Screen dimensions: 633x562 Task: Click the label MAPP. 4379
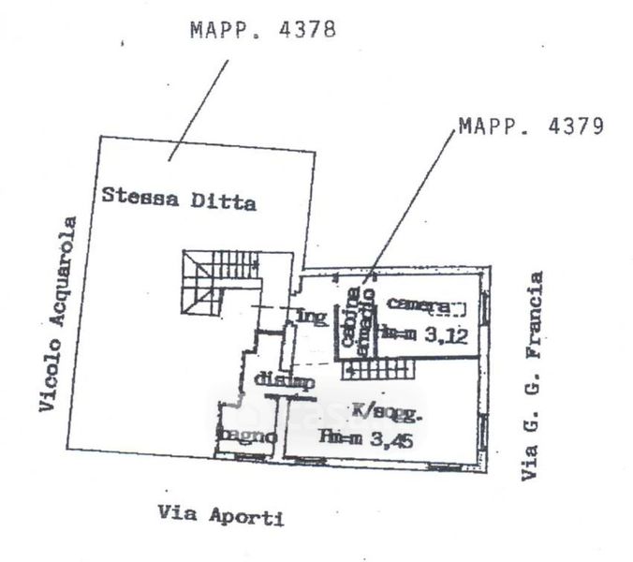point(529,126)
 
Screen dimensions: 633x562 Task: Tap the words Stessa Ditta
point(179,199)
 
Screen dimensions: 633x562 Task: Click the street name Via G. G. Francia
point(533,376)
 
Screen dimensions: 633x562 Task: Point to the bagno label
point(245,436)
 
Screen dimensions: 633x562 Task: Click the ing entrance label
point(313,316)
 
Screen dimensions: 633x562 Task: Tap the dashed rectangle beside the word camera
point(453,305)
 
